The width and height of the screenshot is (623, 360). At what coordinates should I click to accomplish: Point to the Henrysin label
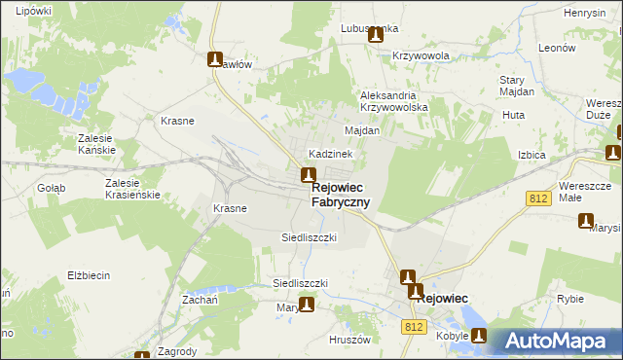click(x=584, y=14)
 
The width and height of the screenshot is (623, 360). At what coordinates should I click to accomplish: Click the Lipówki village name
click(x=32, y=11)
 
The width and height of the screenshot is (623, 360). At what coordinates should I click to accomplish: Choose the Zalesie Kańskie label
click(x=96, y=144)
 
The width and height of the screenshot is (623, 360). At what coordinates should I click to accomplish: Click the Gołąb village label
click(x=51, y=188)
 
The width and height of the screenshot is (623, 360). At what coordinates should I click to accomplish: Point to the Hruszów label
click(x=352, y=340)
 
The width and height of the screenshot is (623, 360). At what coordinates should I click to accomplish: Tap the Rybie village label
click(x=570, y=300)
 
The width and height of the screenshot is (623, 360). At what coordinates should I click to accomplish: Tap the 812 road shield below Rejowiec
click(x=413, y=327)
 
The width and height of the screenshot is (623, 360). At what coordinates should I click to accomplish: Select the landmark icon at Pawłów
click(x=215, y=59)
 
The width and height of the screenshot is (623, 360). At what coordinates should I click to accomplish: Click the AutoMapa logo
click(x=557, y=342)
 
